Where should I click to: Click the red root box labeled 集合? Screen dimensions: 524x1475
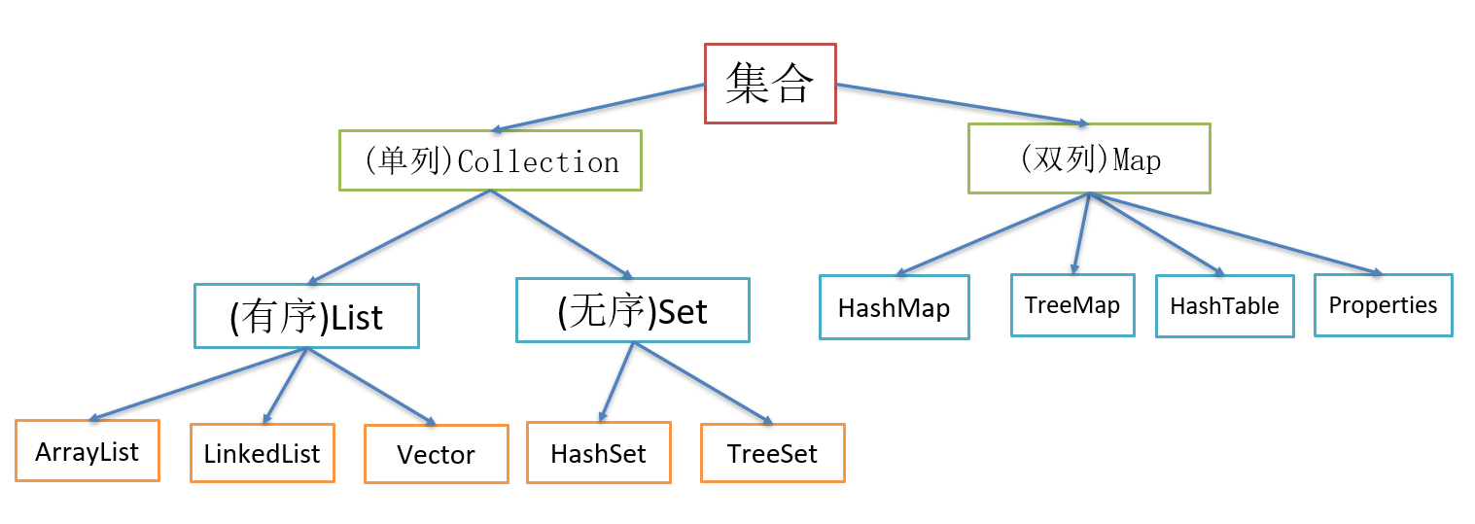click(770, 84)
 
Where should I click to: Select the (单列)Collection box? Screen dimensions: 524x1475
click(490, 160)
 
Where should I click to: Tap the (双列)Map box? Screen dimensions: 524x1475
click(1089, 158)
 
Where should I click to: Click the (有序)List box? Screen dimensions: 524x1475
click(306, 316)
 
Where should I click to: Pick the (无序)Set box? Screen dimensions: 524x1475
click(633, 311)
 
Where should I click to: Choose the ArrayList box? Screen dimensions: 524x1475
click(88, 451)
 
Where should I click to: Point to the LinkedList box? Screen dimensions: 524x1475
click(263, 453)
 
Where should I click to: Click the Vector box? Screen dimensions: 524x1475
click(437, 454)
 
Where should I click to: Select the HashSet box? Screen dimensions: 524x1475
click(599, 452)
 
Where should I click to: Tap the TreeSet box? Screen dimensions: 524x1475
click(773, 452)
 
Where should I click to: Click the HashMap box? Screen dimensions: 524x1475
click(895, 307)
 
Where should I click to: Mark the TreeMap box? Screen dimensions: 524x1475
click(1072, 305)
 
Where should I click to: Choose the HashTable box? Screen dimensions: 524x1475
click(1225, 306)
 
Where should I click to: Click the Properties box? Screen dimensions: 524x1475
click(1383, 305)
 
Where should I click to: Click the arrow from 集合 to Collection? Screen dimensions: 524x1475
click(598, 107)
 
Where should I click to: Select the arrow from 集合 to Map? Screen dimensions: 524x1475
click(963, 104)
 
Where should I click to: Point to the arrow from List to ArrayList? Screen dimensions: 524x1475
click(199, 384)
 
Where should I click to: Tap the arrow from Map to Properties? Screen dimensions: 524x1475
click(1235, 233)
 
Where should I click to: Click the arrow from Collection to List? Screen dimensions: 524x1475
click(399, 236)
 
